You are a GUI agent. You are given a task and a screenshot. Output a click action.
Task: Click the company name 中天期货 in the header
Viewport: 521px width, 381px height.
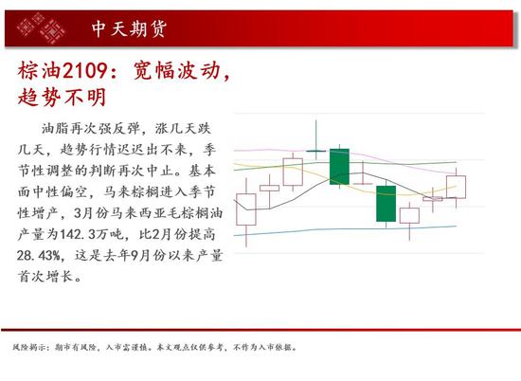click(129, 29)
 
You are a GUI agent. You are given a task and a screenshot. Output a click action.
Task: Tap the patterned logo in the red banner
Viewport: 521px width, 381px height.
click(41, 28)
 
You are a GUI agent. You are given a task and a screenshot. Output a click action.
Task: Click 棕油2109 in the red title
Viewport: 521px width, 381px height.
click(63, 70)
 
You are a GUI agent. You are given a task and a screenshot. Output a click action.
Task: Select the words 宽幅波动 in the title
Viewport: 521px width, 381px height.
click(177, 70)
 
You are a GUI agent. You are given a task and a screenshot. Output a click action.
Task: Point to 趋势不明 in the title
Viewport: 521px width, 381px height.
click(63, 97)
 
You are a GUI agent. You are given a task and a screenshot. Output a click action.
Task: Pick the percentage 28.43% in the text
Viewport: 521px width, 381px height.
click(39, 256)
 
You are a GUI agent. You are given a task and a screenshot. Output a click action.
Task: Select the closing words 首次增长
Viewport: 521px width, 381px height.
click(45, 277)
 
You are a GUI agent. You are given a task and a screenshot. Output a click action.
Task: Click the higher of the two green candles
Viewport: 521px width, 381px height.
click(339, 167)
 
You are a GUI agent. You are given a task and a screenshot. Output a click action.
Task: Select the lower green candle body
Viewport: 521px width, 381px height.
click(386, 204)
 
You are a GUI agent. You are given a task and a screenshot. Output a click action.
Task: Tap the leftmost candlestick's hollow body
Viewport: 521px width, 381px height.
click(246, 209)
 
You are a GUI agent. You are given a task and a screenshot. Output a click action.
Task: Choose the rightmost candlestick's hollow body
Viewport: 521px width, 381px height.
click(457, 187)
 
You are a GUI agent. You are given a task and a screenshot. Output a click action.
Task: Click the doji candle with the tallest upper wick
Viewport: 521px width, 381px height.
click(316, 151)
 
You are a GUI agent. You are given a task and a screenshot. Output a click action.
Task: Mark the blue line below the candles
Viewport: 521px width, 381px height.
click(345, 229)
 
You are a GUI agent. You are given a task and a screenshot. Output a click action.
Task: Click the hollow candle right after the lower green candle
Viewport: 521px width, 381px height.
click(409, 215)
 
